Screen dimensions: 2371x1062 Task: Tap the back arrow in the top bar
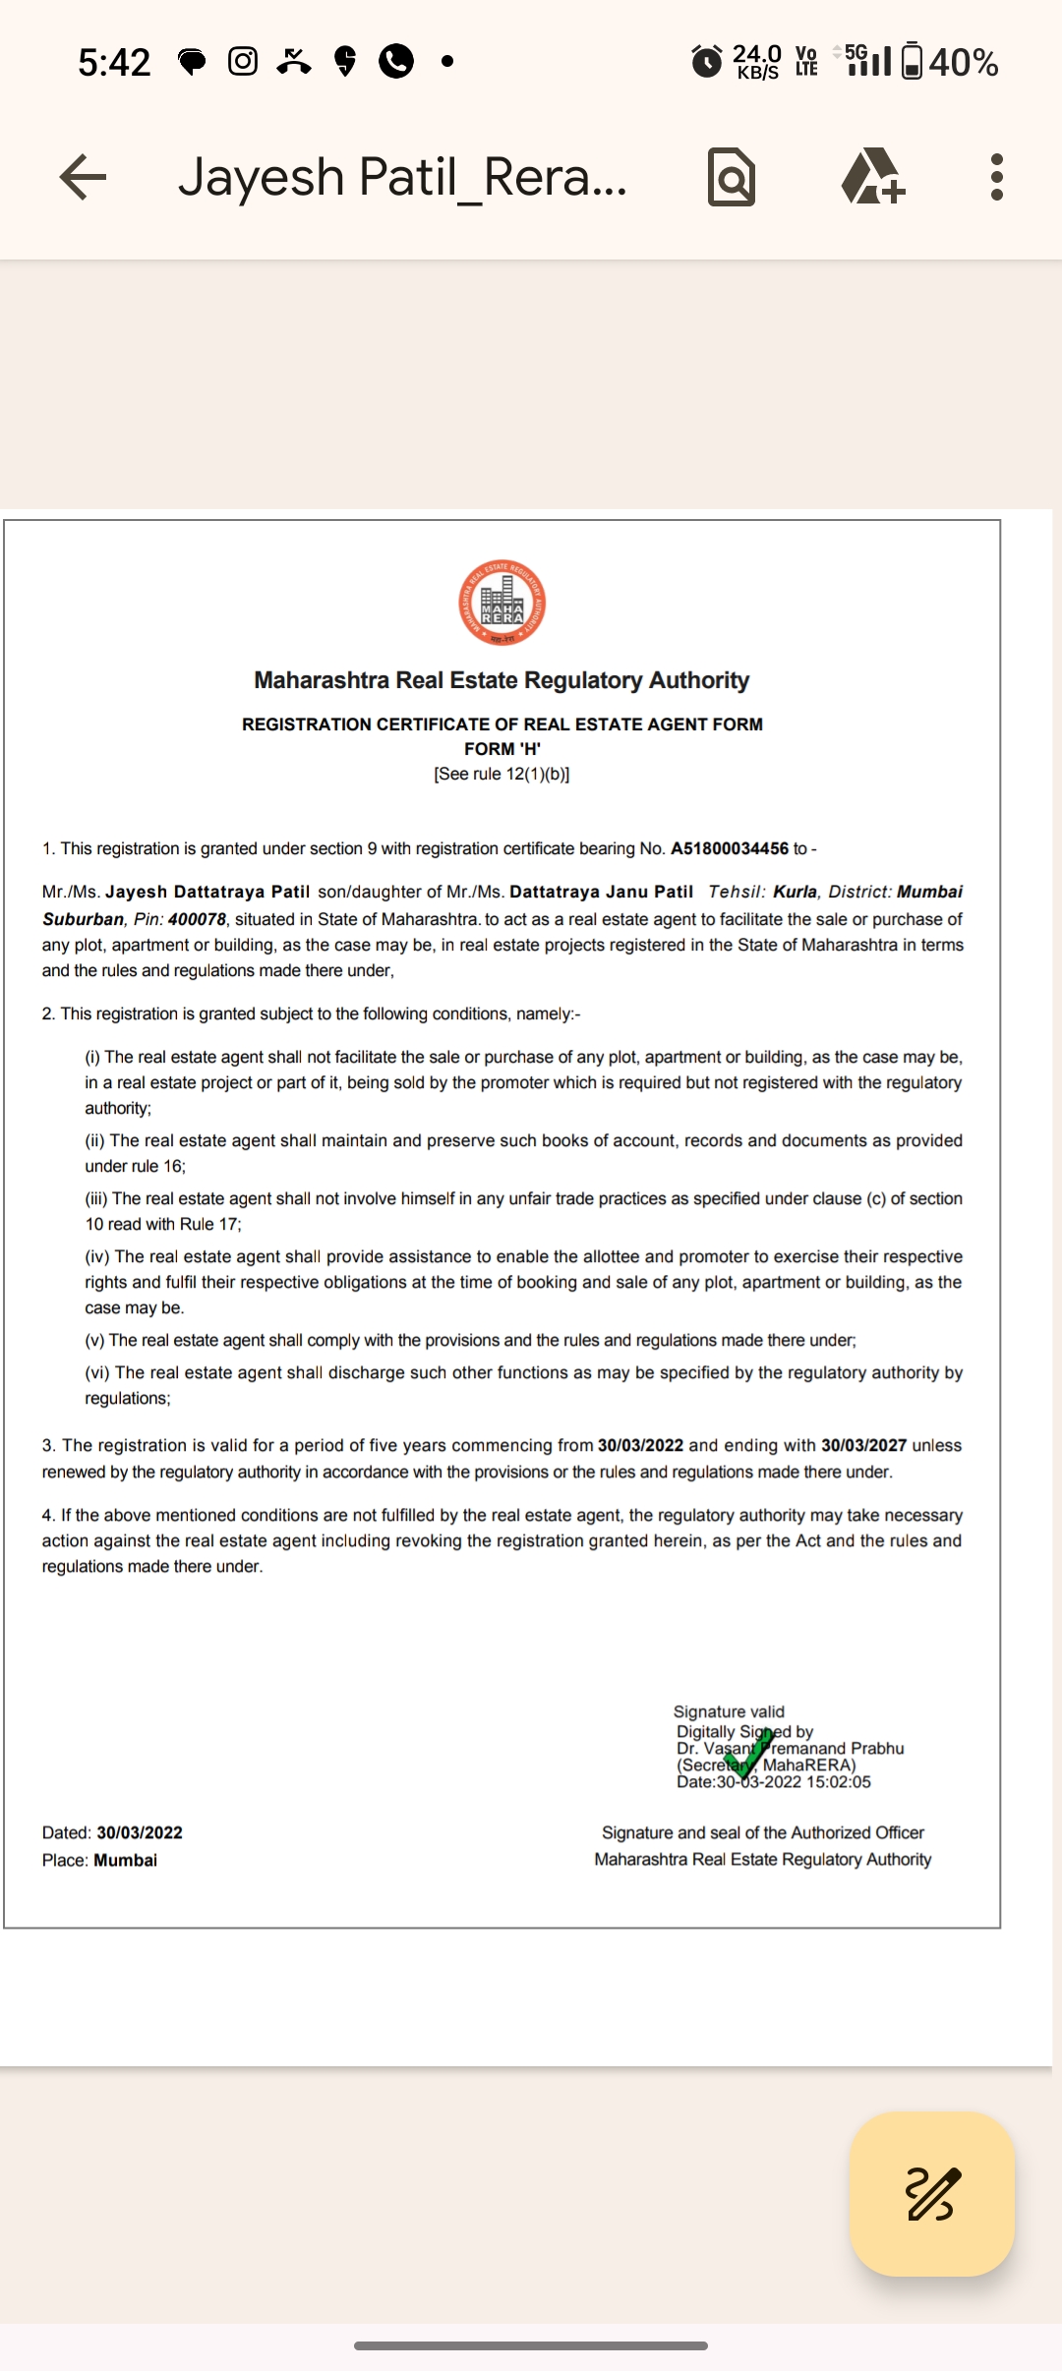pos(83,177)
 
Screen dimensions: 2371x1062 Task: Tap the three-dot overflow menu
pos(996,177)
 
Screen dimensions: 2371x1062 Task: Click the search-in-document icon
pos(732,177)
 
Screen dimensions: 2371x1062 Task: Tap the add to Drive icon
pos(872,177)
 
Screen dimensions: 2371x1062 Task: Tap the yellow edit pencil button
pos(931,2193)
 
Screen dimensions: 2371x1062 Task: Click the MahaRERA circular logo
pos(502,603)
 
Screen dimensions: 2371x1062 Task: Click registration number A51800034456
pos(730,848)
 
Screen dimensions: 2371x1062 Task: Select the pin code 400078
pos(197,919)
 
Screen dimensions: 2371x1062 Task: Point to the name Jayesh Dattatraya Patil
pos(207,892)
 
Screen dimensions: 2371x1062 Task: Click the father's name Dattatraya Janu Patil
pos(601,892)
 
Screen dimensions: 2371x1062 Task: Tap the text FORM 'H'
pos(502,749)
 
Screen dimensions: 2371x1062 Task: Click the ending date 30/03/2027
pos(863,1445)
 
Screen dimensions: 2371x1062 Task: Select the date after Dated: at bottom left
pos(140,1832)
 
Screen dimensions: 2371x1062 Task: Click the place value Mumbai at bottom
pos(125,1860)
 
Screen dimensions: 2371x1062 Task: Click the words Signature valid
pos(729,1711)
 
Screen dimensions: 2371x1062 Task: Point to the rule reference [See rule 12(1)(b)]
pos(501,774)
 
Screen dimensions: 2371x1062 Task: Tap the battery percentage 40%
pos(963,63)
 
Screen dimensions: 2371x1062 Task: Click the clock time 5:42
pos(114,63)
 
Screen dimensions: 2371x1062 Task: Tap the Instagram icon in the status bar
pos(243,62)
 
